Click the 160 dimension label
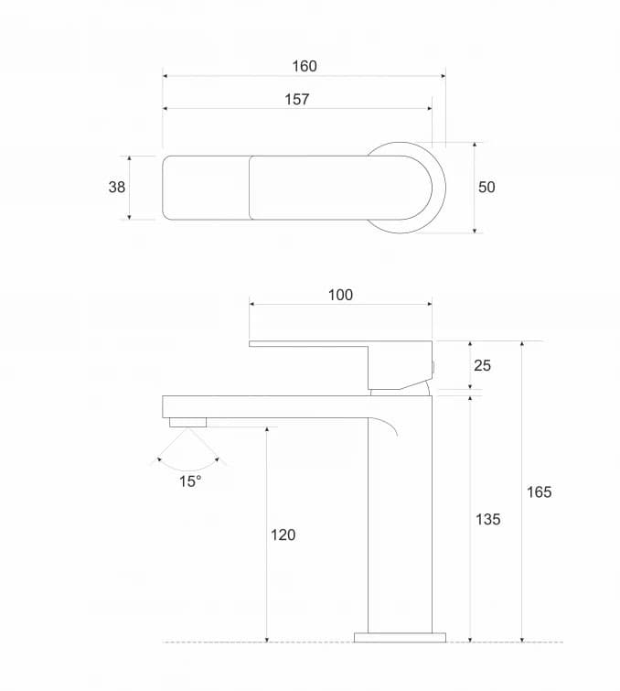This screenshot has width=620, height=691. (x=305, y=66)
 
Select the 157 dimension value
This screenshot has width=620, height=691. (x=297, y=99)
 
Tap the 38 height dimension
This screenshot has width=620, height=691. (x=117, y=187)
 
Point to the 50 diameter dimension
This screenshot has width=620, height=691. (x=486, y=187)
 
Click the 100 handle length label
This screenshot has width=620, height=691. (x=340, y=295)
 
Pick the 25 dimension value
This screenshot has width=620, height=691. (x=483, y=365)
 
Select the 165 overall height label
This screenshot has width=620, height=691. (x=540, y=491)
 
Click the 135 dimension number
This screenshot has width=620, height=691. (x=488, y=519)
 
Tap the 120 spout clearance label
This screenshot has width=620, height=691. (x=283, y=534)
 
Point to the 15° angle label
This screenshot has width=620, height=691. (x=190, y=481)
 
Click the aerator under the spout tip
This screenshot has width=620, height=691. (x=188, y=422)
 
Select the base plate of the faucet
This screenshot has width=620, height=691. (x=400, y=636)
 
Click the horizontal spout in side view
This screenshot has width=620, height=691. (x=265, y=406)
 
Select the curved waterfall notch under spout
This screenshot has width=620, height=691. (x=390, y=427)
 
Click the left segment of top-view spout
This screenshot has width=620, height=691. (x=206, y=187)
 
